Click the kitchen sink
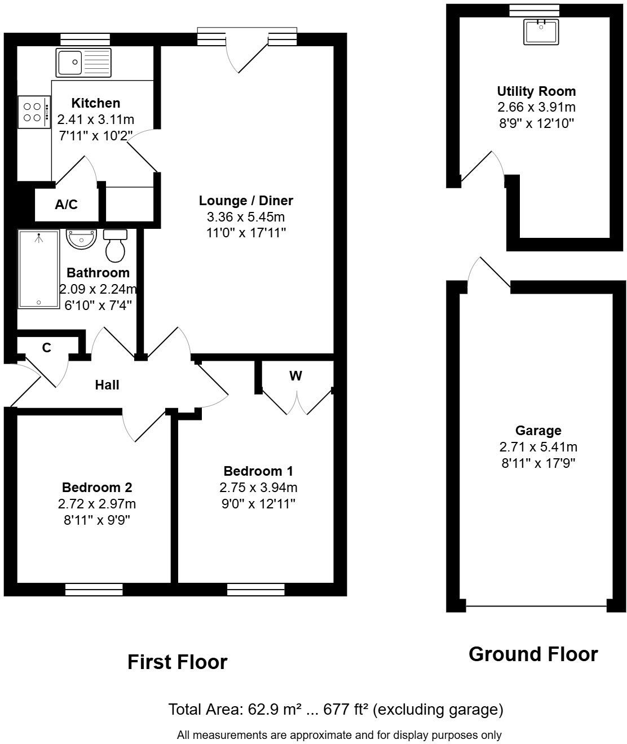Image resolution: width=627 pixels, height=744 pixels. point(84,62)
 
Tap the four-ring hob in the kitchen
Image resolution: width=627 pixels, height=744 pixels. point(33,112)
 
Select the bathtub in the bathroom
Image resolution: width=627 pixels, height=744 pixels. point(38,269)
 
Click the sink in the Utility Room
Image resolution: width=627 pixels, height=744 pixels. point(541,32)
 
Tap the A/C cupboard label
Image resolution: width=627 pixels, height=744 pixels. point(66,205)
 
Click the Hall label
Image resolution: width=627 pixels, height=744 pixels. point(107,385)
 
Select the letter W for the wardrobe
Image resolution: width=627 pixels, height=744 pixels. point(295,376)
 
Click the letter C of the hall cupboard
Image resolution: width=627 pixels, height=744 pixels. point(47,348)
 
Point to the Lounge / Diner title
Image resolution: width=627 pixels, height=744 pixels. point(246,201)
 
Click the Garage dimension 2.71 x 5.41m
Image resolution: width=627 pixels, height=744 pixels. point(538,447)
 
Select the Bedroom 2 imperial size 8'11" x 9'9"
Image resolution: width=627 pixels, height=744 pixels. point(97,520)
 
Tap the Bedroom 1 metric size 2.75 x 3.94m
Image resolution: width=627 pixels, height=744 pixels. point(258,488)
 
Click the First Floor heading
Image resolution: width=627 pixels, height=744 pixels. point(177,662)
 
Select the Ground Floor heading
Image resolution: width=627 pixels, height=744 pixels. point(533,654)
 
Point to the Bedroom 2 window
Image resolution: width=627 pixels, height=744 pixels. point(94,590)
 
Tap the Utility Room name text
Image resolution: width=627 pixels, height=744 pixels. point(536,91)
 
